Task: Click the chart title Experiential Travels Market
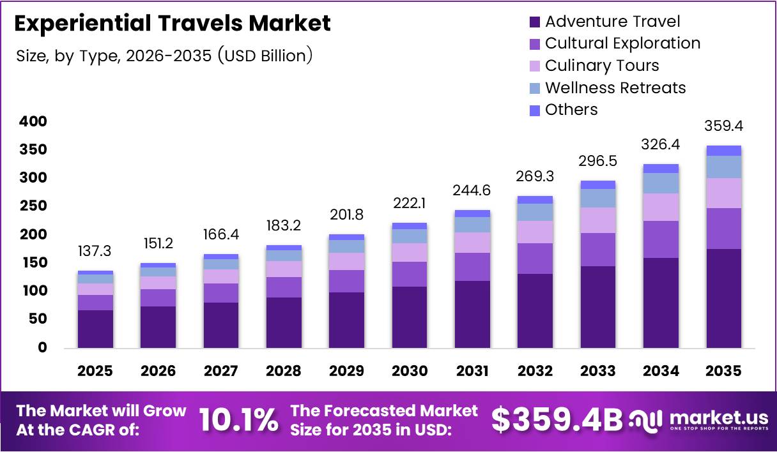[x=173, y=24]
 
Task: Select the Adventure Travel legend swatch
[x=535, y=22]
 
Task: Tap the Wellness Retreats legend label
[x=615, y=87]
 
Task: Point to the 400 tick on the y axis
[x=33, y=121]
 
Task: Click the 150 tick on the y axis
[x=33, y=263]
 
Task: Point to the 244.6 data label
[x=473, y=190]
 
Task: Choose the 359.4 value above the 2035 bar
[x=724, y=126]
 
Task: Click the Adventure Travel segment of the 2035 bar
[x=724, y=298]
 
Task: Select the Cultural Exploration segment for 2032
[x=535, y=258]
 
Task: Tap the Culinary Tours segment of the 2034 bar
[x=661, y=207]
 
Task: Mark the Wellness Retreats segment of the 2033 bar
[x=598, y=198]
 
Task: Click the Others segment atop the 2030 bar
[x=410, y=226]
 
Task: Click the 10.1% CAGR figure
[x=238, y=420]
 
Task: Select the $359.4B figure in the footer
[x=557, y=420]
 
